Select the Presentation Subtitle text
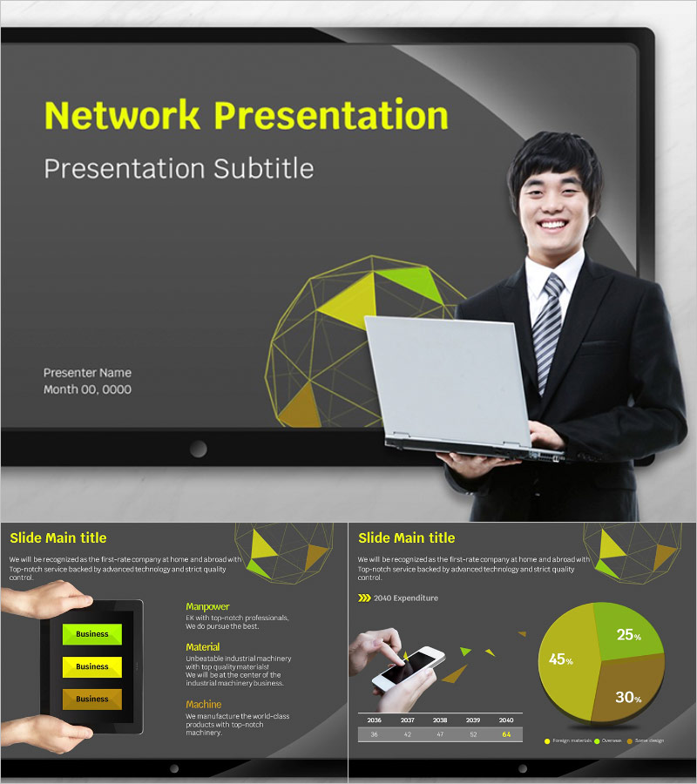(179, 167)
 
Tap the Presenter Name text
(88, 373)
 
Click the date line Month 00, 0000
(88, 389)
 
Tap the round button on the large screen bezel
(199, 449)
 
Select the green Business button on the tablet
(91, 634)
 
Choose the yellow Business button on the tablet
(91, 666)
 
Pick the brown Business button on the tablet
(91, 699)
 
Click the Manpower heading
(207, 606)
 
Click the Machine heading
(204, 704)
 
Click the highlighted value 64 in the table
(506, 734)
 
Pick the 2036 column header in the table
(375, 720)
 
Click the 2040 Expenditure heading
(405, 598)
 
